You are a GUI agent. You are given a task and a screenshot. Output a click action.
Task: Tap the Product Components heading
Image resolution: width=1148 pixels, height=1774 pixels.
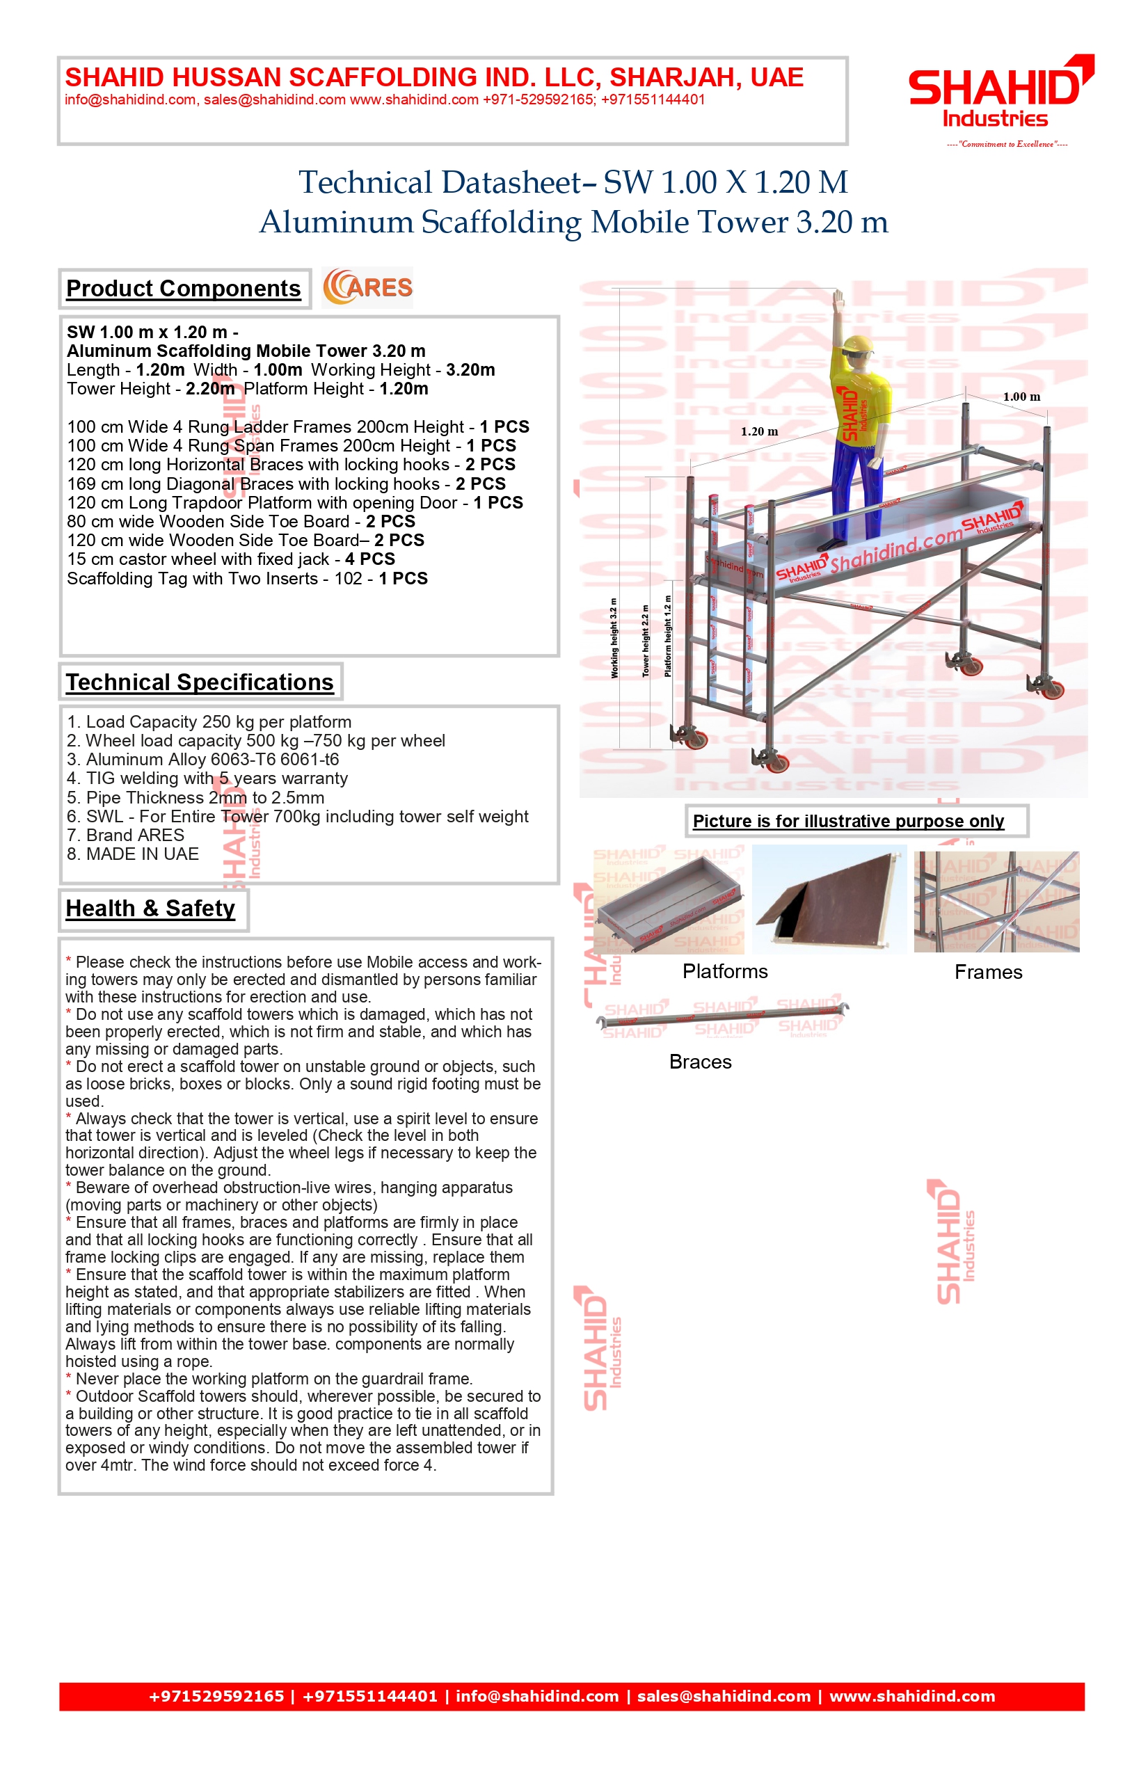coord(184,289)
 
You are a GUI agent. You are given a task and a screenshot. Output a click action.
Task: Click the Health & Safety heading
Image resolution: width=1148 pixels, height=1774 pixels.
coord(150,909)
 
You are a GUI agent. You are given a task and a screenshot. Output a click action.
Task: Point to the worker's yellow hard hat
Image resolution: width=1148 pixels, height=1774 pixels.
coord(858,345)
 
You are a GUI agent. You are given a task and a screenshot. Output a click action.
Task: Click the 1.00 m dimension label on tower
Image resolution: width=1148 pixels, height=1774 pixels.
coord(1021,397)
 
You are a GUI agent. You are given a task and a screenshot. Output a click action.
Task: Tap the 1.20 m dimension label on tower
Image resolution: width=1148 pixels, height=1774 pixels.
coord(759,431)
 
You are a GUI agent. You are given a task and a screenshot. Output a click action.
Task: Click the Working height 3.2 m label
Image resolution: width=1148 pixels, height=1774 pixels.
coord(614,638)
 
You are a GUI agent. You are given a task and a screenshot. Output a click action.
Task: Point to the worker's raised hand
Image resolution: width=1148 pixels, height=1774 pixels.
coord(839,300)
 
